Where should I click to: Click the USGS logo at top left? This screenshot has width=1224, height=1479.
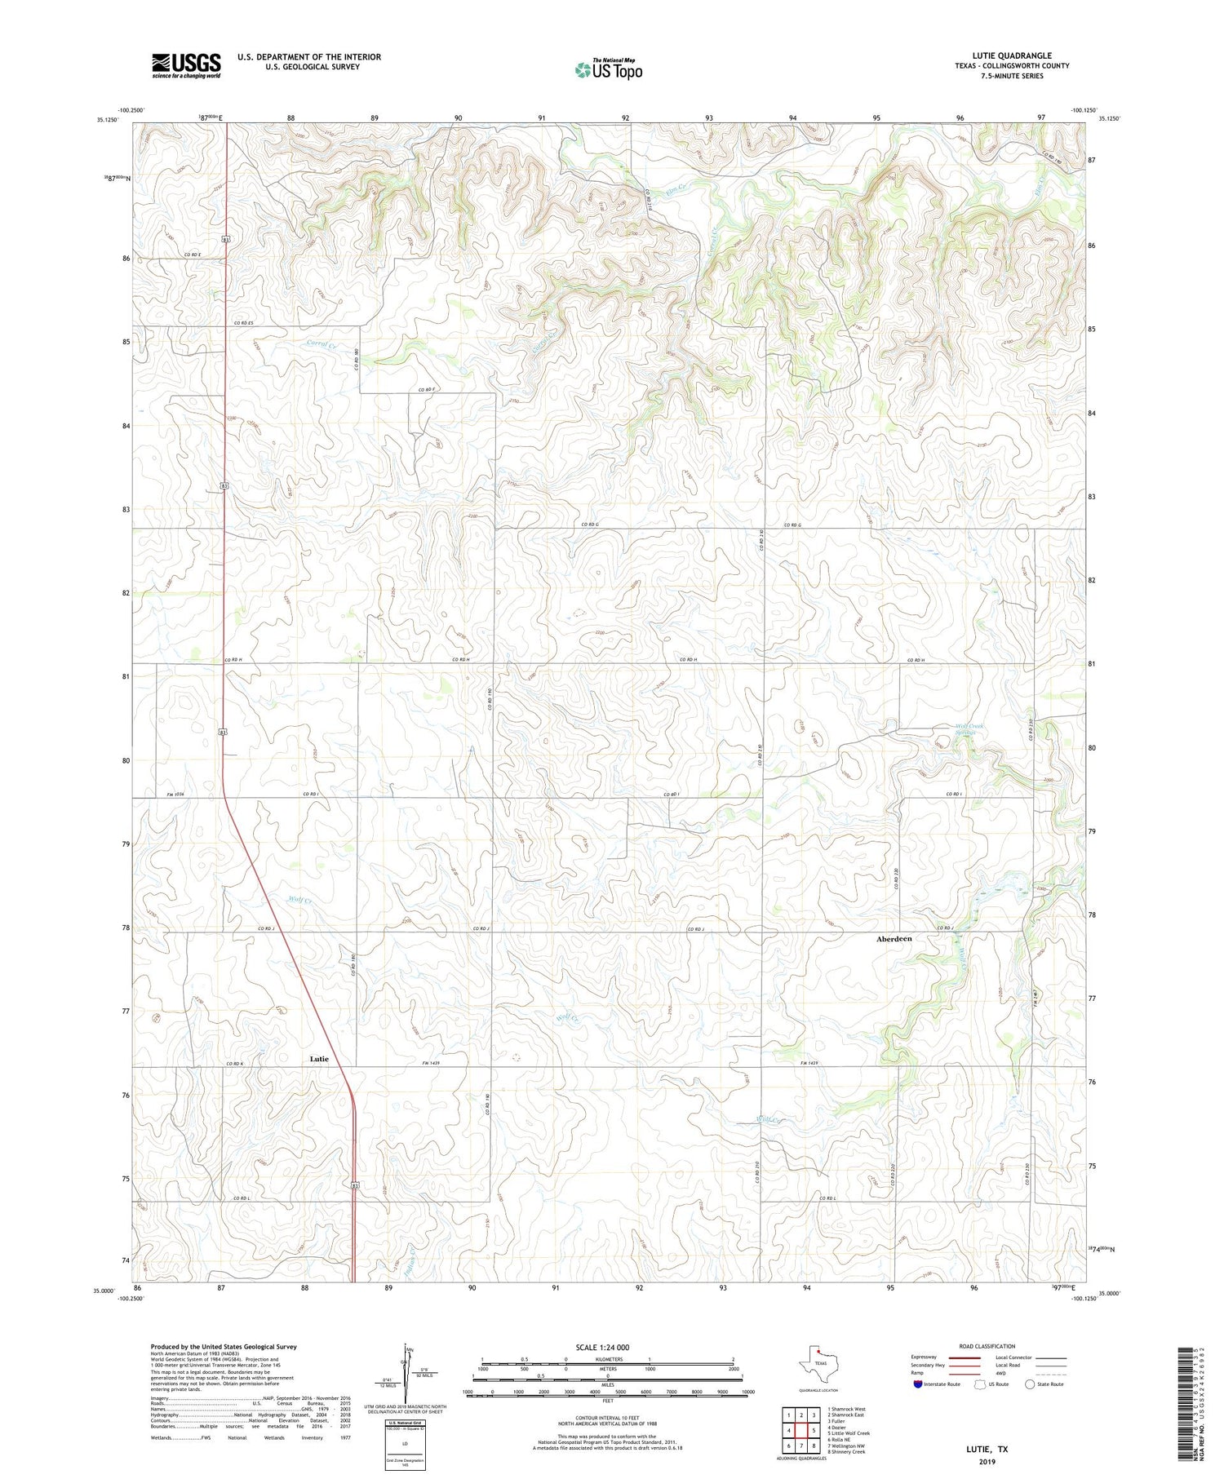click(186, 65)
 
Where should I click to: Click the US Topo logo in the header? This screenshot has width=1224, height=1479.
click(608, 70)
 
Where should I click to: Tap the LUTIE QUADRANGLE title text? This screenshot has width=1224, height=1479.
click(1011, 55)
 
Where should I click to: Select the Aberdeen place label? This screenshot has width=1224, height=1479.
click(894, 939)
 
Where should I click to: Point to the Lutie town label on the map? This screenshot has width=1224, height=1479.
click(319, 1059)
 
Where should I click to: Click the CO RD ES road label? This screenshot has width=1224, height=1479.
click(245, 323)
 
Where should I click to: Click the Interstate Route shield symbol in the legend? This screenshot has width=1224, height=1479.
click(917, 1384)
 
